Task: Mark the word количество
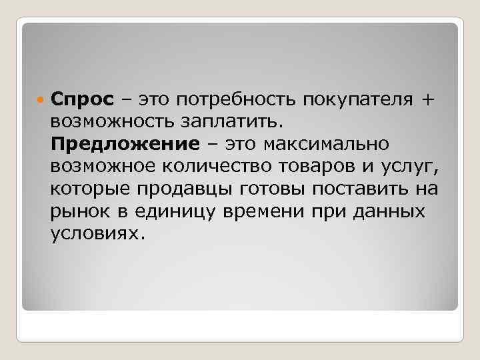click(x=221, y=167)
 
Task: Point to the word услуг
click(x=409, y=167)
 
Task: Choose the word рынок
click(x=77, y=212)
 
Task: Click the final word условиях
click(x=96, y=234)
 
